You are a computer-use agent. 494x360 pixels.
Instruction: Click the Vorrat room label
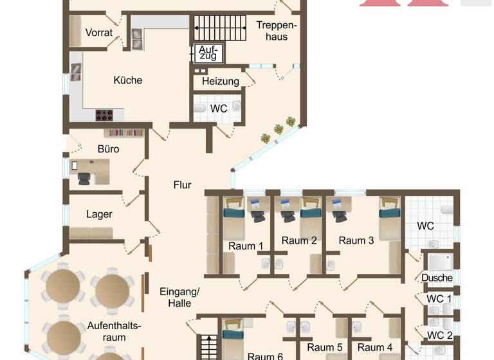click(x=98, y=33)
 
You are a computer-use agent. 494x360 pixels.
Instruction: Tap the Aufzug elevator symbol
click(x=208, y=53)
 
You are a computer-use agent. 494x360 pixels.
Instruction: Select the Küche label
click(x=127, y=80)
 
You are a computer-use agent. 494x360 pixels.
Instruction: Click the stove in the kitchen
click(x=105, y=115)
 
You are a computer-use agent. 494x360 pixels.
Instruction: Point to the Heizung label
click(x=220, y=82)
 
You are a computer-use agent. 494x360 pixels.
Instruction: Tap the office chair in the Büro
click(x=85, y=178)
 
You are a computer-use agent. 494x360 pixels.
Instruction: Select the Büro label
click(x=108, y=148)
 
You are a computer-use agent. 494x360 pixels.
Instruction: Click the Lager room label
click(x=99, y=214)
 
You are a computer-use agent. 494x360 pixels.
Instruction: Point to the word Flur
click(x=182, y=185)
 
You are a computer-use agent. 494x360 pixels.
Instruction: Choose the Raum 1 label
click(x=246, y=246)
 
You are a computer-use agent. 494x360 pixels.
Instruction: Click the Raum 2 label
click(x=299, y=240)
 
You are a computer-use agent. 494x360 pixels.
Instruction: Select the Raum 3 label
click(x=356, y=240)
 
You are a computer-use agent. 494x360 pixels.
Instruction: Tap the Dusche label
click(x=437, y=278)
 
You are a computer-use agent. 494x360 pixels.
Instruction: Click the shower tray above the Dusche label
click(x=440, y=262)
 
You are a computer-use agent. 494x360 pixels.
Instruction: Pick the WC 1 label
click(x=439, y=299)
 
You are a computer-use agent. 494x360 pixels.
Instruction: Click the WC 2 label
click(x=440, y=335)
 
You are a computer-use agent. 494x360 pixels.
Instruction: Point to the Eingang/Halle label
click(x=179, y=297)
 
